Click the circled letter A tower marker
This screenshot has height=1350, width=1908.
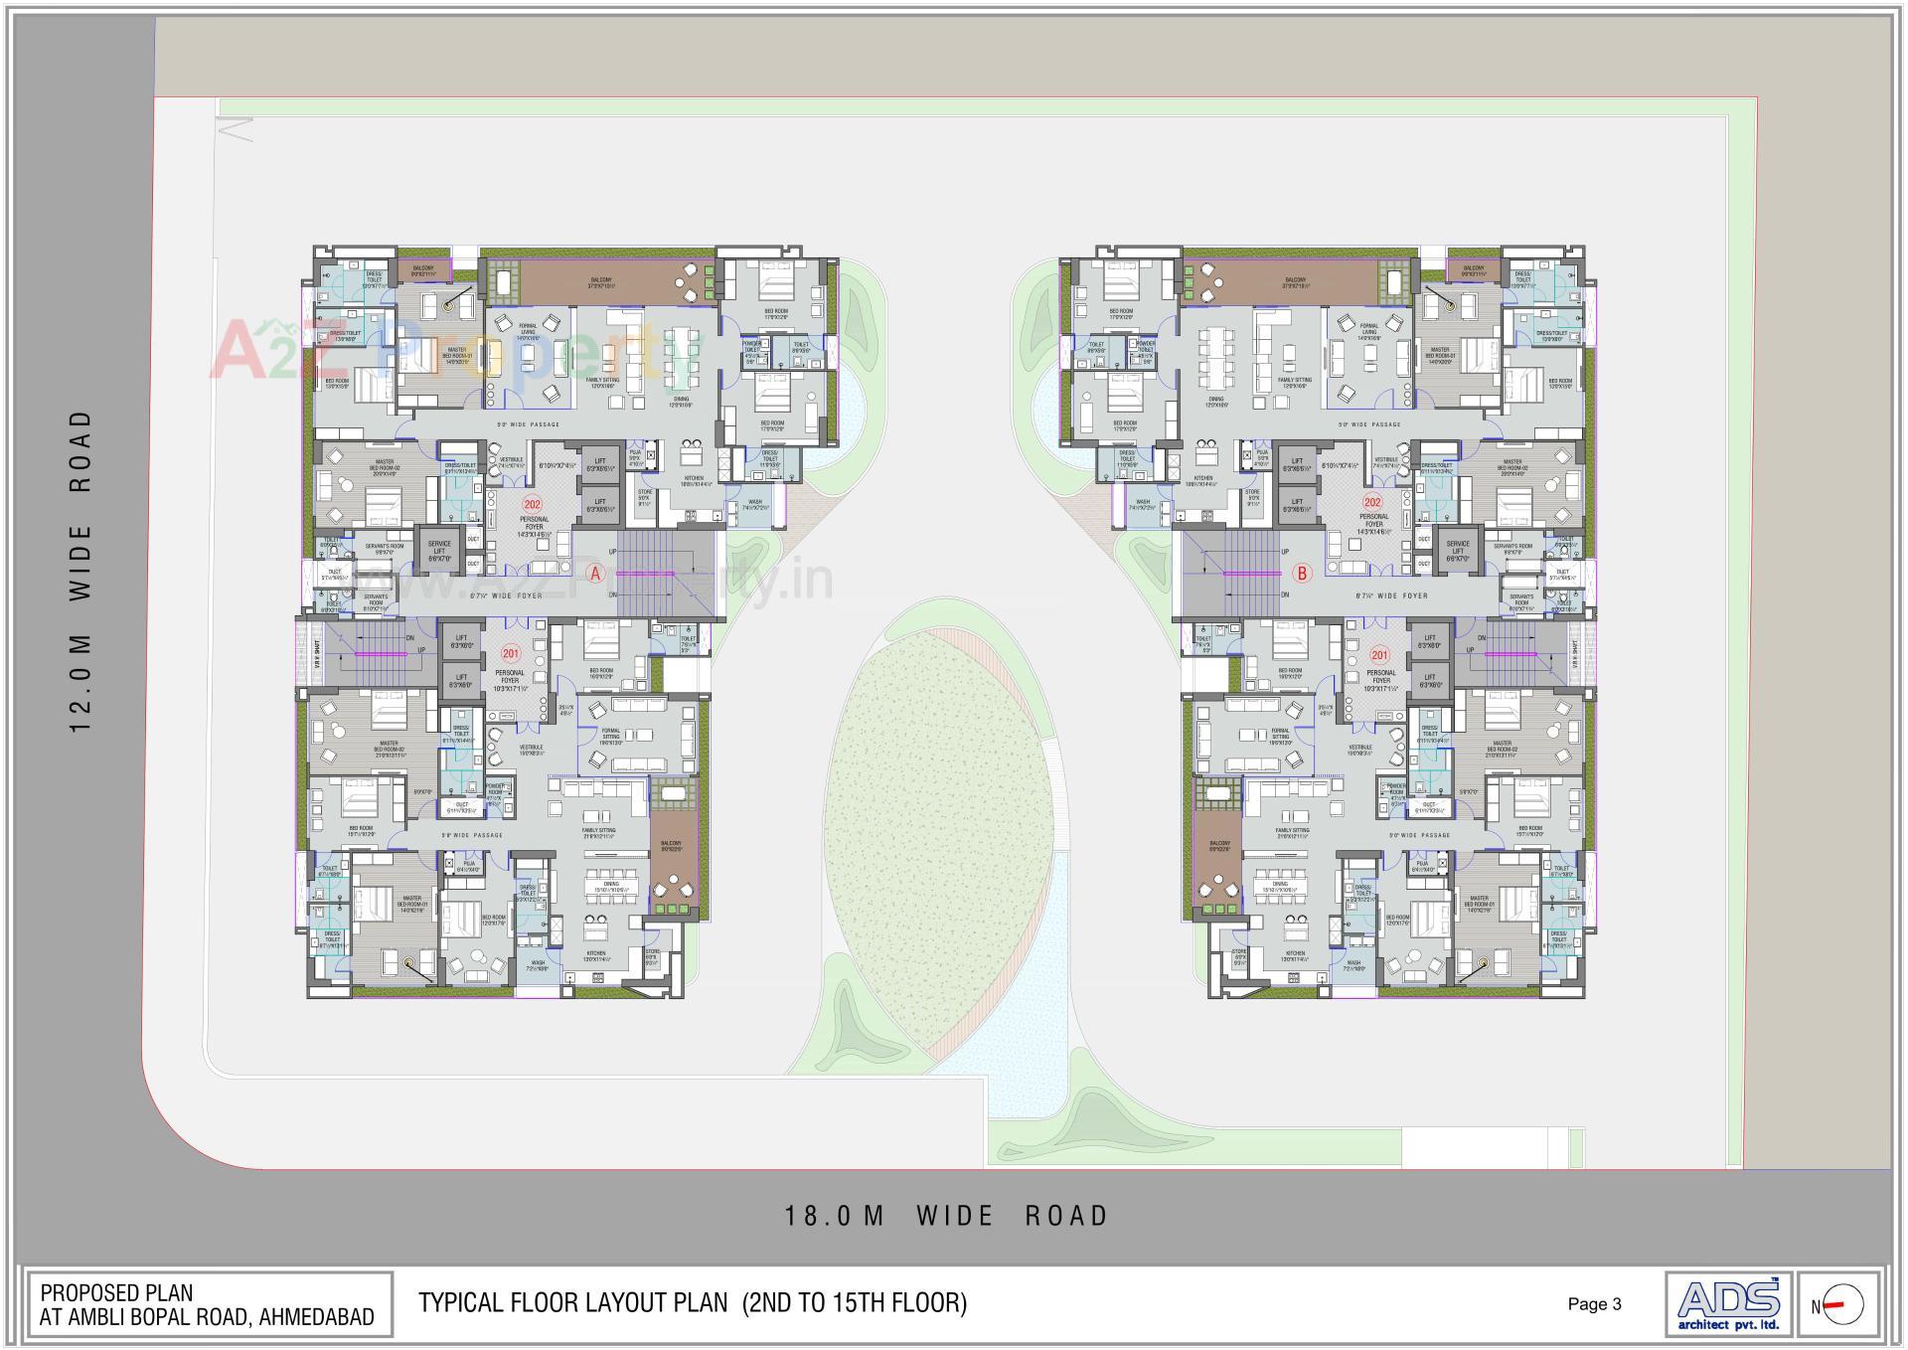coord(595,574)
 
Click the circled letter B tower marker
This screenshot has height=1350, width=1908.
coord(1303,574)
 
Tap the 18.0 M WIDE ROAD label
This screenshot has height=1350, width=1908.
coord(945,1216)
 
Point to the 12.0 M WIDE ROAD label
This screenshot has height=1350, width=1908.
coord(80,571)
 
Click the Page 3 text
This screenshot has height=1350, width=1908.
coord(1594,1304)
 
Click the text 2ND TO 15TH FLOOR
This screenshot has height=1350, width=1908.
coord(855,1302)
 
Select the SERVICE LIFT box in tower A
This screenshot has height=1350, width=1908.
coord(439,551)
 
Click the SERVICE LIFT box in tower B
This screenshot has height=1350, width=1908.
coord(1458,551)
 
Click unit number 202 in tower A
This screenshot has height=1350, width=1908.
coord(532,504)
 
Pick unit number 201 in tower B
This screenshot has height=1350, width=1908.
coord(1379,655)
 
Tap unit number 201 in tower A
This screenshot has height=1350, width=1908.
coord(510,654)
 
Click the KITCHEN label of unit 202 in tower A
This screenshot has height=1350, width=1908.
coord(693,479)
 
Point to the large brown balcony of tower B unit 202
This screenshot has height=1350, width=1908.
coord(1294,282)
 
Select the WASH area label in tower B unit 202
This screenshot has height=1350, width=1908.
coord(1143,504)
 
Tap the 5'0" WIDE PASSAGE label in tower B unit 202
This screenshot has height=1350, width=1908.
coord(1368,424)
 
